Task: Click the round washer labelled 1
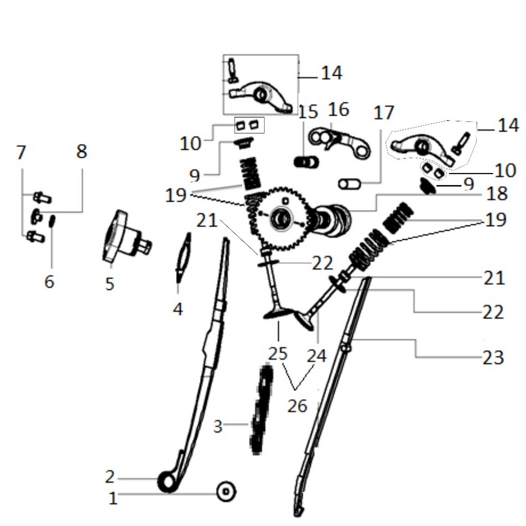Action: (x=226, y=492)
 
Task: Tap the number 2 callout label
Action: (x=109, y=477)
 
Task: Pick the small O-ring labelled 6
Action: (x=52, y=221)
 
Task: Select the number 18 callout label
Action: (x=497, y=194)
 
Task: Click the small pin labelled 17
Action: (x=348, y=184)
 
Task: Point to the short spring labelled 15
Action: (x=306, y=161)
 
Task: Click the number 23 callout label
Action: (x=493, y=358)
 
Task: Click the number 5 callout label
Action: (x=109, y=284)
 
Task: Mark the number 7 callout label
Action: (x=21, y=153)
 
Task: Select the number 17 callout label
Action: (x=383, y=113)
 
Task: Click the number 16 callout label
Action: (x=338, y=110)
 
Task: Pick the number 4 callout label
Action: (x=178, y=309)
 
